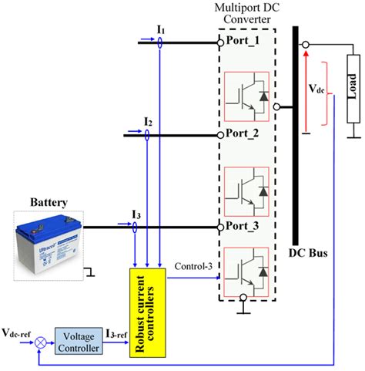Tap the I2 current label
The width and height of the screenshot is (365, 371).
[x=148, y=121]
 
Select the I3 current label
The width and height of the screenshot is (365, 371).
[x=136, y=213]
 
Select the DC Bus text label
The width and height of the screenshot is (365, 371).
[x=296, y=254]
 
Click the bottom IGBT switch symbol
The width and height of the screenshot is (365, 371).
[x=247, y=269]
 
